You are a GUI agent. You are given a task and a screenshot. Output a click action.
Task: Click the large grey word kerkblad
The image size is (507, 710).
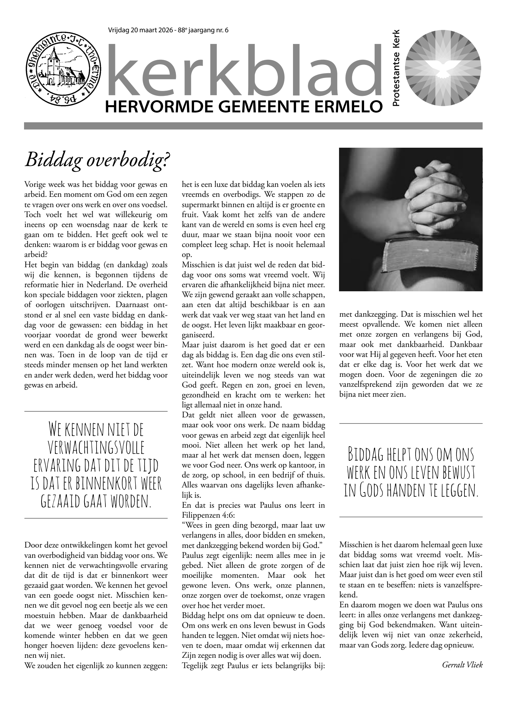(245, 70)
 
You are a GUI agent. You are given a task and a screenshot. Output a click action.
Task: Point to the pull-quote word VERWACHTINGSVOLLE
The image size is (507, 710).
(96, 448)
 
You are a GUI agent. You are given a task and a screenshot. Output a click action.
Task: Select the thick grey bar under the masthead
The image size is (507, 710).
(253, 126)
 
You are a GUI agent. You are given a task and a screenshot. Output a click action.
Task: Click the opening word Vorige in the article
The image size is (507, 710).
(35, 184)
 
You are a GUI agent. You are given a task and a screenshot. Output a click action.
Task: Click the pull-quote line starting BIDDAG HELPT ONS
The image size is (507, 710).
(410, 454)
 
